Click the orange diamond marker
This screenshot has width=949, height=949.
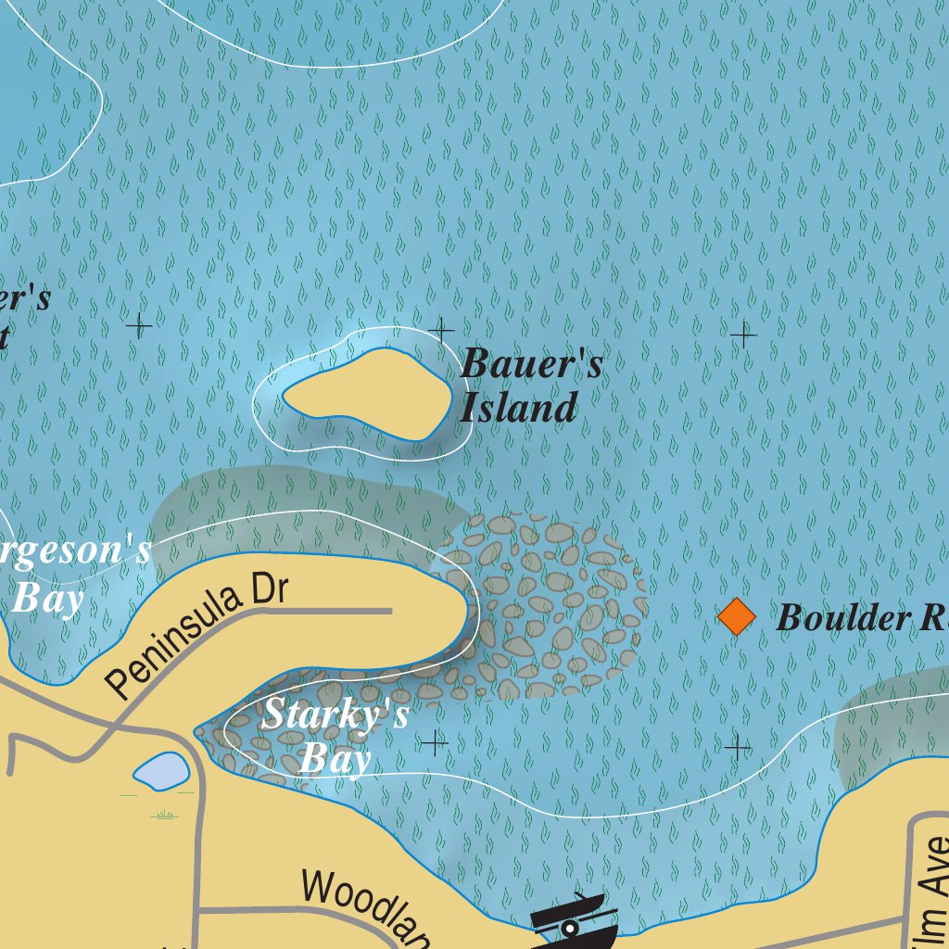[x=737, y=617]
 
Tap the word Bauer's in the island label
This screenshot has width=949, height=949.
[x=532, y=363]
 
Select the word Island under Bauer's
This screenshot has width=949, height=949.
[x=519, y=408]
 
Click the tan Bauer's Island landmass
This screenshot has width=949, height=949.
[x=367, y=395]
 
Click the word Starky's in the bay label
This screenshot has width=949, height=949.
[x=335, y=715]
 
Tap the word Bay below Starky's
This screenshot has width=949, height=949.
[x=335, y=759]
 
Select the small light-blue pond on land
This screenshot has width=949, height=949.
[x=161, y=771]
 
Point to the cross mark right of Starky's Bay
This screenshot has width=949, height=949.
[x=434, y=742]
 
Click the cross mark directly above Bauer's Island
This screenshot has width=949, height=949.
[x=441, y=328]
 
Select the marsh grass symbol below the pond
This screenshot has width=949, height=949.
[x=165, y=815]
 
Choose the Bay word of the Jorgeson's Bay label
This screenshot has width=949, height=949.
[x=48, y=599]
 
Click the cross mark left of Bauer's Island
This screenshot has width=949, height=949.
[x=139, y=325]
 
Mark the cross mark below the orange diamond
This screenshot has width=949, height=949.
[x=738, y=747]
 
